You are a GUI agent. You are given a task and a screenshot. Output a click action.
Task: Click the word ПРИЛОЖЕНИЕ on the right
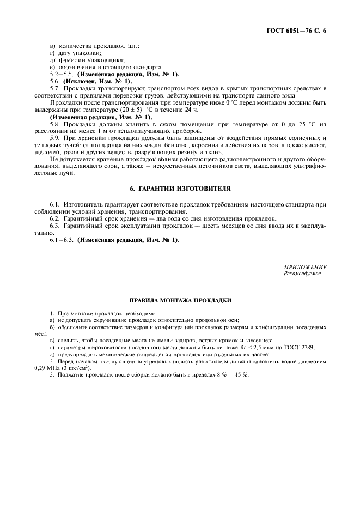point(305,267)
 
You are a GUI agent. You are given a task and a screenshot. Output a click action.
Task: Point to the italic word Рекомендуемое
point(302,274)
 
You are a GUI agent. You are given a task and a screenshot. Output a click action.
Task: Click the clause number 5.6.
point(57,81)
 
